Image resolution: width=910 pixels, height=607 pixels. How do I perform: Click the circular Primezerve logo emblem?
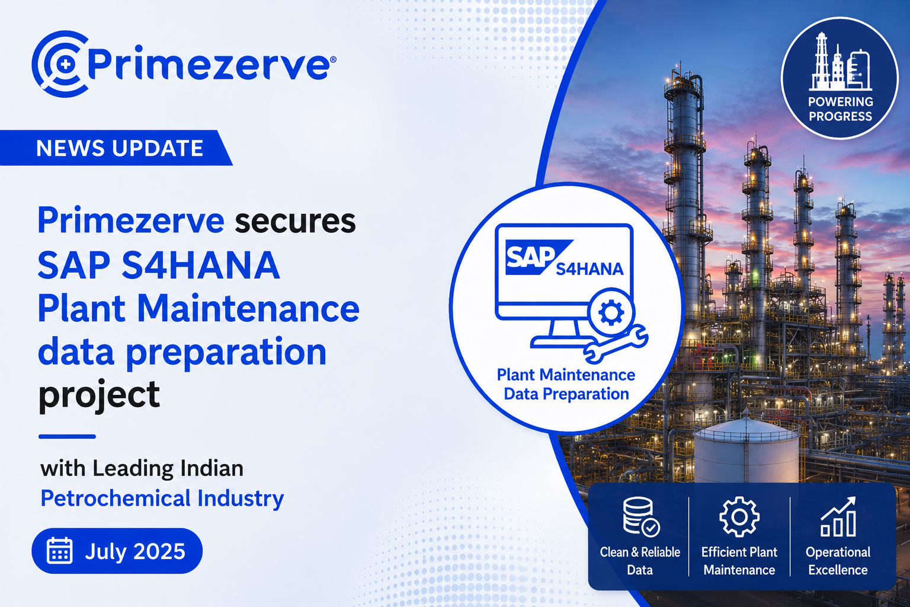pyautogui.click(x=59, y=64)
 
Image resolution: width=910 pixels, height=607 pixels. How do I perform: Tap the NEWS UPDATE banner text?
pyautogui.click(x=120, y=148)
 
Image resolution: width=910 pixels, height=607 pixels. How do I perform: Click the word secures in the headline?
pyautogui.click(x=296, y=221)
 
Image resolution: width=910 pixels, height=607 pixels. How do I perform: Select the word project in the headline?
pyautogui.click(x=99, y=394)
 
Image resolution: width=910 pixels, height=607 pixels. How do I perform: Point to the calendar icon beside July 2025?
pyautogui.click(x=60, y=551)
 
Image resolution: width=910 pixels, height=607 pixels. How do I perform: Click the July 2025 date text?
pyautogui.click(x=135, y=551)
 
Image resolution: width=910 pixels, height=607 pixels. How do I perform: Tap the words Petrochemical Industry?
pyautogui.click(x=162, y=499)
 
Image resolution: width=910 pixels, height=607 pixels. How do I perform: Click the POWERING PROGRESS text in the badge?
pyautogui.click(x=840, y=109)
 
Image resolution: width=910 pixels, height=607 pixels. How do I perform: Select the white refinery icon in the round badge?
pyautogui.click(x=839, y=61)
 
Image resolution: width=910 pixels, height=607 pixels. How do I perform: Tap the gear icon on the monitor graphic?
pyautogui.click(x=611, y=312)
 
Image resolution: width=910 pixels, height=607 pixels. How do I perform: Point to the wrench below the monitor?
pyautogui.click(x=616, y=344)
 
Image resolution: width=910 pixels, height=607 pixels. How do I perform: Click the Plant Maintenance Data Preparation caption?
pyautogui.click(x=566, y=384)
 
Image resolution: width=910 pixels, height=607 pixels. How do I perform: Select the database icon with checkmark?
pyautogui.click(x=640, y=516)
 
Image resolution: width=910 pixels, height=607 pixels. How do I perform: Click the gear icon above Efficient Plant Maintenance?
pyautogui.click(x=739, y=517)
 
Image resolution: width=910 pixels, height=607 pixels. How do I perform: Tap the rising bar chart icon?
pyautogui.click(x=838, y=516)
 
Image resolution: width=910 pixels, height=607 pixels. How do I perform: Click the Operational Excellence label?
pyautogui.click(x=838, y=561)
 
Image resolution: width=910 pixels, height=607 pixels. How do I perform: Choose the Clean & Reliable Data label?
pyautogui.click(x=640, y=561)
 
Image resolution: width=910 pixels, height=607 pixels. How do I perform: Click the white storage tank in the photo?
pyautogui.click(x=746, y=451)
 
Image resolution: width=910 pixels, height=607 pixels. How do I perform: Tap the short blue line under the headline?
pyautogui.click(x=67, y=437)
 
